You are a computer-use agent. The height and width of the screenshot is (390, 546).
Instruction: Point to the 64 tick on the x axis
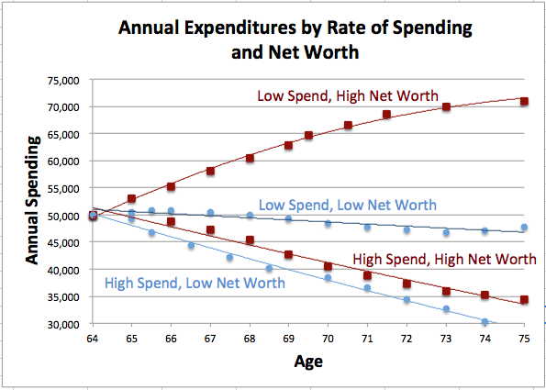[x=92, y=339]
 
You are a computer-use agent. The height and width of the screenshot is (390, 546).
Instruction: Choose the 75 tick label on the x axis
[x=524, y=339]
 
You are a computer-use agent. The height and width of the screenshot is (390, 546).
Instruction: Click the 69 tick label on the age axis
[x=288, y=339]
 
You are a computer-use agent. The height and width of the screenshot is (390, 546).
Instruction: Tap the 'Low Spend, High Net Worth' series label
[x=347, y=95]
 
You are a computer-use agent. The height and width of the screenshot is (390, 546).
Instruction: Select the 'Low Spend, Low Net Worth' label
[x=347, y=205]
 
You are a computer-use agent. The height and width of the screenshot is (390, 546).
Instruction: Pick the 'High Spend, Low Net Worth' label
[x=195, y=283]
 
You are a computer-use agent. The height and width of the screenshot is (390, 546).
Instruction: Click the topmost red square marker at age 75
[x=524, y=101]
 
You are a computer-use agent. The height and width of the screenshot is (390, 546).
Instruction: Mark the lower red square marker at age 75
[x=524, y=300]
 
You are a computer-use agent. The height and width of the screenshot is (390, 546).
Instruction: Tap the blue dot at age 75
[x=524, y=228]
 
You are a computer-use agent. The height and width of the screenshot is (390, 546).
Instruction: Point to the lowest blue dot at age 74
[x=485, y=322]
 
